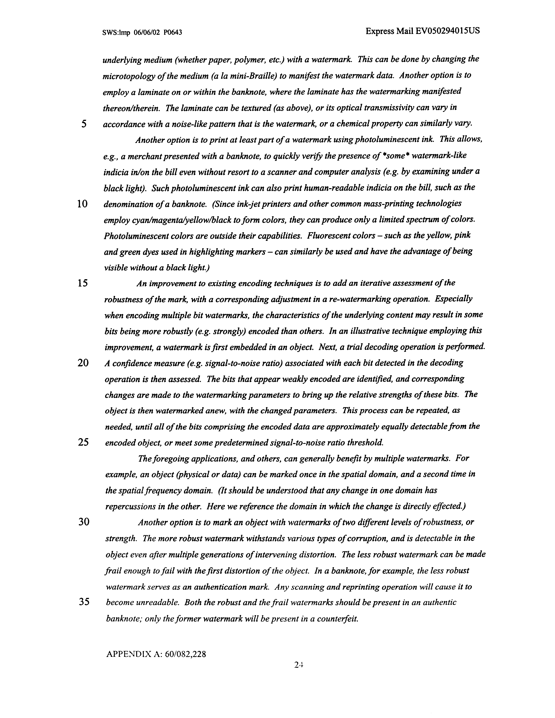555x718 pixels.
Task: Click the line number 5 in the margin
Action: tap(84, 124)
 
